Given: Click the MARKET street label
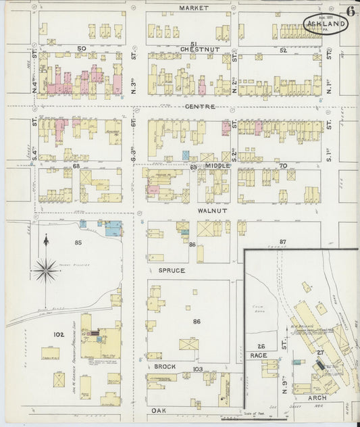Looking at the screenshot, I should (193, 8).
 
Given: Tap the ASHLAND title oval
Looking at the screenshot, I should (326, 24).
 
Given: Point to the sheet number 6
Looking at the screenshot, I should (351, 10).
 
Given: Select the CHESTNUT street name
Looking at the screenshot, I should (197, 49).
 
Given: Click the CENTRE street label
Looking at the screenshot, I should (200, 107).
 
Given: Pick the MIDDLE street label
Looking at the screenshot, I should (218, 166).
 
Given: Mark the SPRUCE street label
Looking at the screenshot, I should (172, 270).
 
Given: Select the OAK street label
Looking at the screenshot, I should (158, 410).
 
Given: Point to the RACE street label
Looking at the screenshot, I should (259, 355).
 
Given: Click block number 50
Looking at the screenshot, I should (82, 49).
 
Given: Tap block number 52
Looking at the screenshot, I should (283, 51).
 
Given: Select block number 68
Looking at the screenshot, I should (76, 166).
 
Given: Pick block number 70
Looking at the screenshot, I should (283, 166).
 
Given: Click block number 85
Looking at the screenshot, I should (78, 242).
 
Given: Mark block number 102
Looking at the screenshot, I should (59, 334).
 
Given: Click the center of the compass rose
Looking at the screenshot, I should (46, 271).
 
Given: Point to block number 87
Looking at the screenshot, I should (283, 241).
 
